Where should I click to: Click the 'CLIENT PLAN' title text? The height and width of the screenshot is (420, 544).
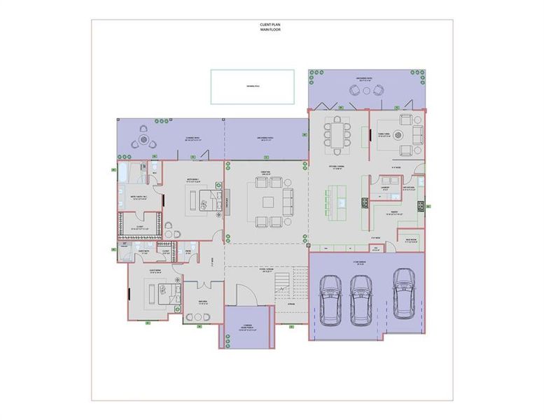coord(270,24)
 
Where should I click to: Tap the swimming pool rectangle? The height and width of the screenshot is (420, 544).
coord(252,87)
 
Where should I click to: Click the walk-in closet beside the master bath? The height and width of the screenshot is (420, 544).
coord(139,228)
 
